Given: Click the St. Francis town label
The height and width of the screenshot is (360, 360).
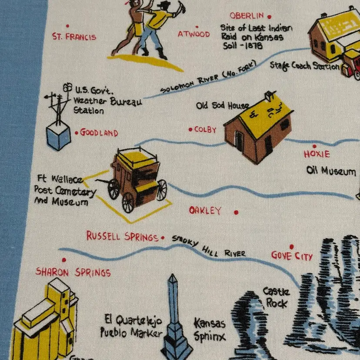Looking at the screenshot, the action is (x=74, y=37).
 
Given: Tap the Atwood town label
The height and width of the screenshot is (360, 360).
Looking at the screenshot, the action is (x=194, y=34).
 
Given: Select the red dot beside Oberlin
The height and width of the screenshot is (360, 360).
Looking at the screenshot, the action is (x=269, y=17).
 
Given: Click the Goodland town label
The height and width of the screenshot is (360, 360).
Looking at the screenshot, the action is (x=99, y=133).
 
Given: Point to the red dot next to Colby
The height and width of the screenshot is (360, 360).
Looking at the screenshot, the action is (x=190, y=130).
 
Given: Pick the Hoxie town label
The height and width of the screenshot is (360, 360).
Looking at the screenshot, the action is (x=317, y=154).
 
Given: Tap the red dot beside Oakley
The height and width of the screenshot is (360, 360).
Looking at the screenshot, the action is (x=236, y=212).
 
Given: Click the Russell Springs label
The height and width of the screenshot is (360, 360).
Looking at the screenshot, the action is (x=122, y=236).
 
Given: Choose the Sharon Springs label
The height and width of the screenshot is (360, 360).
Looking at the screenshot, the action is (x=73, y=272).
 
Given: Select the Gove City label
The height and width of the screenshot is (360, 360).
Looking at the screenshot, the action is (x=292, y=256).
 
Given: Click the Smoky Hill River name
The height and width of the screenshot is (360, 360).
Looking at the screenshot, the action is (x=209, y=247).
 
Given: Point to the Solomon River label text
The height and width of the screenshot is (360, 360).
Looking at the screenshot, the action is (x=208, y=77).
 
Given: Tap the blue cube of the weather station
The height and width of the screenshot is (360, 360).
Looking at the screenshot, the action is (x=59, y=136).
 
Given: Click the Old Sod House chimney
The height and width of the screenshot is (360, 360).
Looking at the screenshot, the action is (x=269, y=96).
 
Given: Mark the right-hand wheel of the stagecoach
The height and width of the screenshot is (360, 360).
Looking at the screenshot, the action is (x=162, y=190).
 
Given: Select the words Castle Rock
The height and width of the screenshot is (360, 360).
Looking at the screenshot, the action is (x=276, y=297).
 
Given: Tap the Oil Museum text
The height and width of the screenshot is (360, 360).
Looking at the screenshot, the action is (x=331, y=171).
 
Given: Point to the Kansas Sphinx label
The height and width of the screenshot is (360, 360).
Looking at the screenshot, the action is (x=210, y=330).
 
